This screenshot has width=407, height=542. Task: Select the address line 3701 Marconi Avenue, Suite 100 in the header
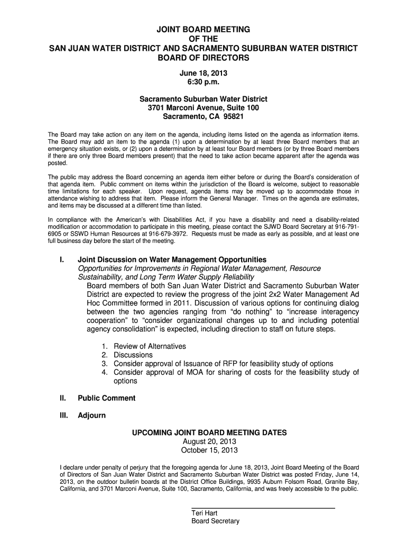203,108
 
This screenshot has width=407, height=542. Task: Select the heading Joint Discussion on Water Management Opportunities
172,260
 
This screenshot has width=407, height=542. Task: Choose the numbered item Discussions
133,355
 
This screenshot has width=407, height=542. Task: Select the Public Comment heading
106,398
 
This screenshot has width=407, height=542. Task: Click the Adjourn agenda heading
91,415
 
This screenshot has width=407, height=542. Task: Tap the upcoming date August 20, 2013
209,441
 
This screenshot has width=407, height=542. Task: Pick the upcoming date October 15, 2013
209,450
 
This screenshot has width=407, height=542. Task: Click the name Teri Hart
204,513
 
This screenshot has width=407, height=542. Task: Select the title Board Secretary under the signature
215,521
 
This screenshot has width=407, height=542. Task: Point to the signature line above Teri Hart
263,508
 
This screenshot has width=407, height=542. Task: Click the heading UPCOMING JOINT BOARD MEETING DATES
209,432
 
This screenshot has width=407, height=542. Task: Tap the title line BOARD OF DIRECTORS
203,57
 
